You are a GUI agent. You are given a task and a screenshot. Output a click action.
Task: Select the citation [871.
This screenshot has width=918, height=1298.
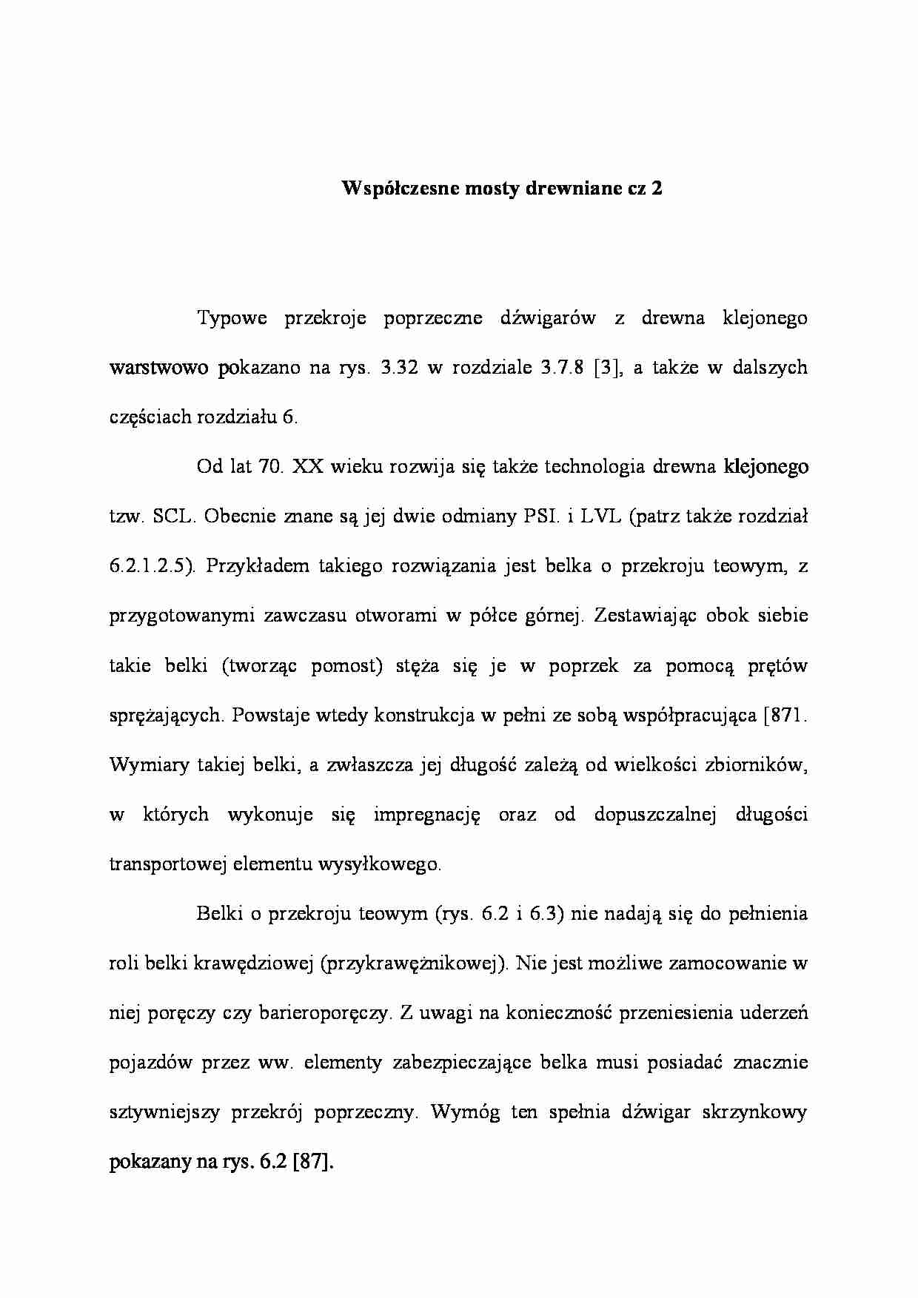(x=784, y=716)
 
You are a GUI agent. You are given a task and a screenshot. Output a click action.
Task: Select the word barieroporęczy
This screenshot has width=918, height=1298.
(x=323, y=1013)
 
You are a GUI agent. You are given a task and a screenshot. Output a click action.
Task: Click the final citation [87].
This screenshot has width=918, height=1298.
(x=314, y=1163)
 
